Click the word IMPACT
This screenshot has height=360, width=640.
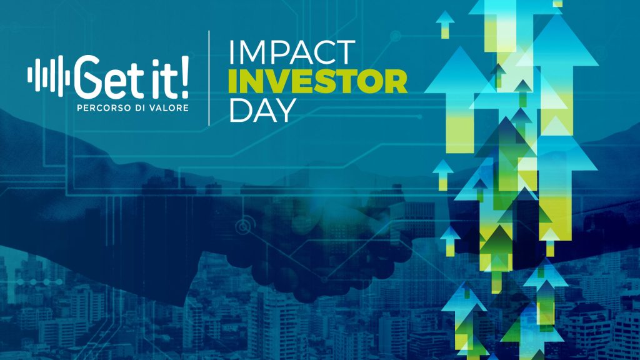click(292, 52)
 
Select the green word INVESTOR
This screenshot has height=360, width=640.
click(318, 81)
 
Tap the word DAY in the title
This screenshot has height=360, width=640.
click(262, 110)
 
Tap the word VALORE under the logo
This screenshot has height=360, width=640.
click(170, 108)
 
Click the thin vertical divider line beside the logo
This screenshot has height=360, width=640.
click(209, 78)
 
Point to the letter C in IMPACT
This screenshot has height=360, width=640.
click(324, 52)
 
